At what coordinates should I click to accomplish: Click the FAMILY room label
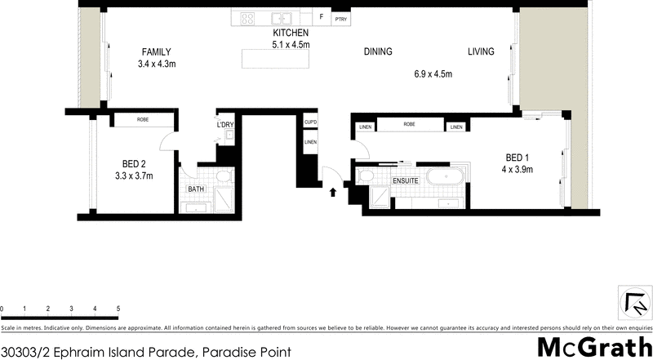point(155,51)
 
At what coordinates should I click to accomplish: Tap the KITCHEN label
point(291,33)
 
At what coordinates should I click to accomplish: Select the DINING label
point(378,52)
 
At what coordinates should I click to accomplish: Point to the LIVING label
point(481,52)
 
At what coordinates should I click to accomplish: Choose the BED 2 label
point(134,162)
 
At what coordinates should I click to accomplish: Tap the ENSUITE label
point(406,180)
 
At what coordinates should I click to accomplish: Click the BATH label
point(196,189)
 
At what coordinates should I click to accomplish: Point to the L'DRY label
point(224,125)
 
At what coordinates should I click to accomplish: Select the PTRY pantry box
point(340,17)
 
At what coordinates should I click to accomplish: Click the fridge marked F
point(322,16)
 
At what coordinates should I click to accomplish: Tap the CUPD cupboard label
point(310,122)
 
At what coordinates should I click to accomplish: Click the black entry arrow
point(333,193)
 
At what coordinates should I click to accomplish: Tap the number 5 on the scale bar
point(118,309)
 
